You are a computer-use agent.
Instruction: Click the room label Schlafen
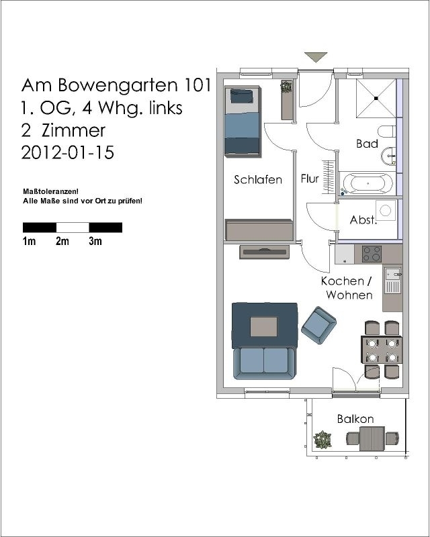(258, 179)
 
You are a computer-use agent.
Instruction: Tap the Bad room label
(367, 143)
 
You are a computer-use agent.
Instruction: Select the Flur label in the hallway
(310, 179)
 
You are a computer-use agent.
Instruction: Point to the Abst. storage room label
(363, 219)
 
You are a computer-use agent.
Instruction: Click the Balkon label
(355, 418)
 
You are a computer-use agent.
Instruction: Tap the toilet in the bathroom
(387, 131)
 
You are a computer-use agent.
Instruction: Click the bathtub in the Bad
(368, 183)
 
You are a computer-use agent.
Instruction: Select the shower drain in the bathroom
(376, 98)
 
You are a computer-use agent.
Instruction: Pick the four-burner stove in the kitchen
(372, 254)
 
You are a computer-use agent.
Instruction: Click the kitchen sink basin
(392, 274)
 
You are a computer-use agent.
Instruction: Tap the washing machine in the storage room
(386, 210)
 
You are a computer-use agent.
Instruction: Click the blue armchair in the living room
(318, 325)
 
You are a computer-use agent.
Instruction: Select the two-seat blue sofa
(263, 363)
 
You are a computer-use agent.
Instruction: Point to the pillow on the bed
(241, 96)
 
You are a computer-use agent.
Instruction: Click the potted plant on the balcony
(322, 440)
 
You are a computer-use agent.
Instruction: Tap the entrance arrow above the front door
(316, 57)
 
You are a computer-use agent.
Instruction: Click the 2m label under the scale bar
(62, 241)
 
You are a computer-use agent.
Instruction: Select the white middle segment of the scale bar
(73, 228)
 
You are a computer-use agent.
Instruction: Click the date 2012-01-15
(68, 152)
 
